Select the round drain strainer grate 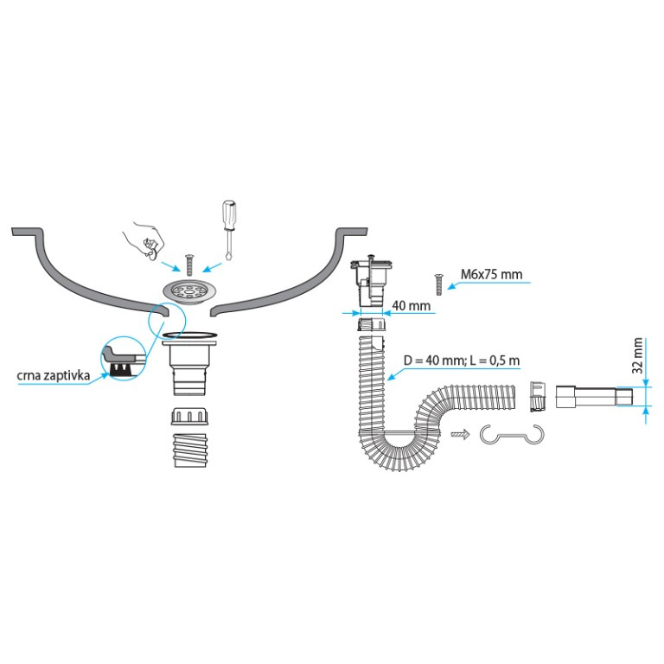point(188,291)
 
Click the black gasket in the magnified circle point(120,369)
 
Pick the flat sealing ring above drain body point(195,334)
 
